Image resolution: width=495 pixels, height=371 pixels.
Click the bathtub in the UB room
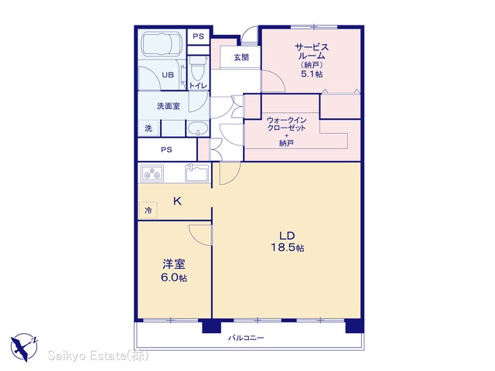tap(162, 44)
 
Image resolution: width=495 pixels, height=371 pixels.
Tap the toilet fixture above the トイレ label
tap(198, 69)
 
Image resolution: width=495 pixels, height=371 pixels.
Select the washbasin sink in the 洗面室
tap(198, 129)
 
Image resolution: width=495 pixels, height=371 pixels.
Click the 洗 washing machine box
tap(148, 128)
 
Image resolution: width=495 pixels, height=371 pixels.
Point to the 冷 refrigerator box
tap(148, 210)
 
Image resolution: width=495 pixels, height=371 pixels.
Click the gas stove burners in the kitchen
tap(152, 173)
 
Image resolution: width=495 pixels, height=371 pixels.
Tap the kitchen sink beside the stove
tap(196, 172)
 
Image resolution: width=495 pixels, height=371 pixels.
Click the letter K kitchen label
tap(177, 201)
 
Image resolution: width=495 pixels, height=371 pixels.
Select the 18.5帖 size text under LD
tap(287, 247)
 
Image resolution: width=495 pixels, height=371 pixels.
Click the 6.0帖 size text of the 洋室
tap(174, 277)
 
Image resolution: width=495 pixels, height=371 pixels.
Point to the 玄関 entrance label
tap(241, 57)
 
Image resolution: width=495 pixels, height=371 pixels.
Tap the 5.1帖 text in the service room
tap(312, 74)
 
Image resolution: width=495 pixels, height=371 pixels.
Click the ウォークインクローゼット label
tap(286, 124)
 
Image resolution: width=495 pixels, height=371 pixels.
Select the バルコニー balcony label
tap(246, 338)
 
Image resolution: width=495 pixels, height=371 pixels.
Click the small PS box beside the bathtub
tap(198, 36)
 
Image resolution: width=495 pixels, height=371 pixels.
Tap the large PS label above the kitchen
tap(166, 149)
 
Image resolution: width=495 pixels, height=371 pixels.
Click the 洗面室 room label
tap(169, 106)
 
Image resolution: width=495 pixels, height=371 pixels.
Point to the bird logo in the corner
tap(24, 347)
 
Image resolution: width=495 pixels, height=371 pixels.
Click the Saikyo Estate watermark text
tap(98, 356)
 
